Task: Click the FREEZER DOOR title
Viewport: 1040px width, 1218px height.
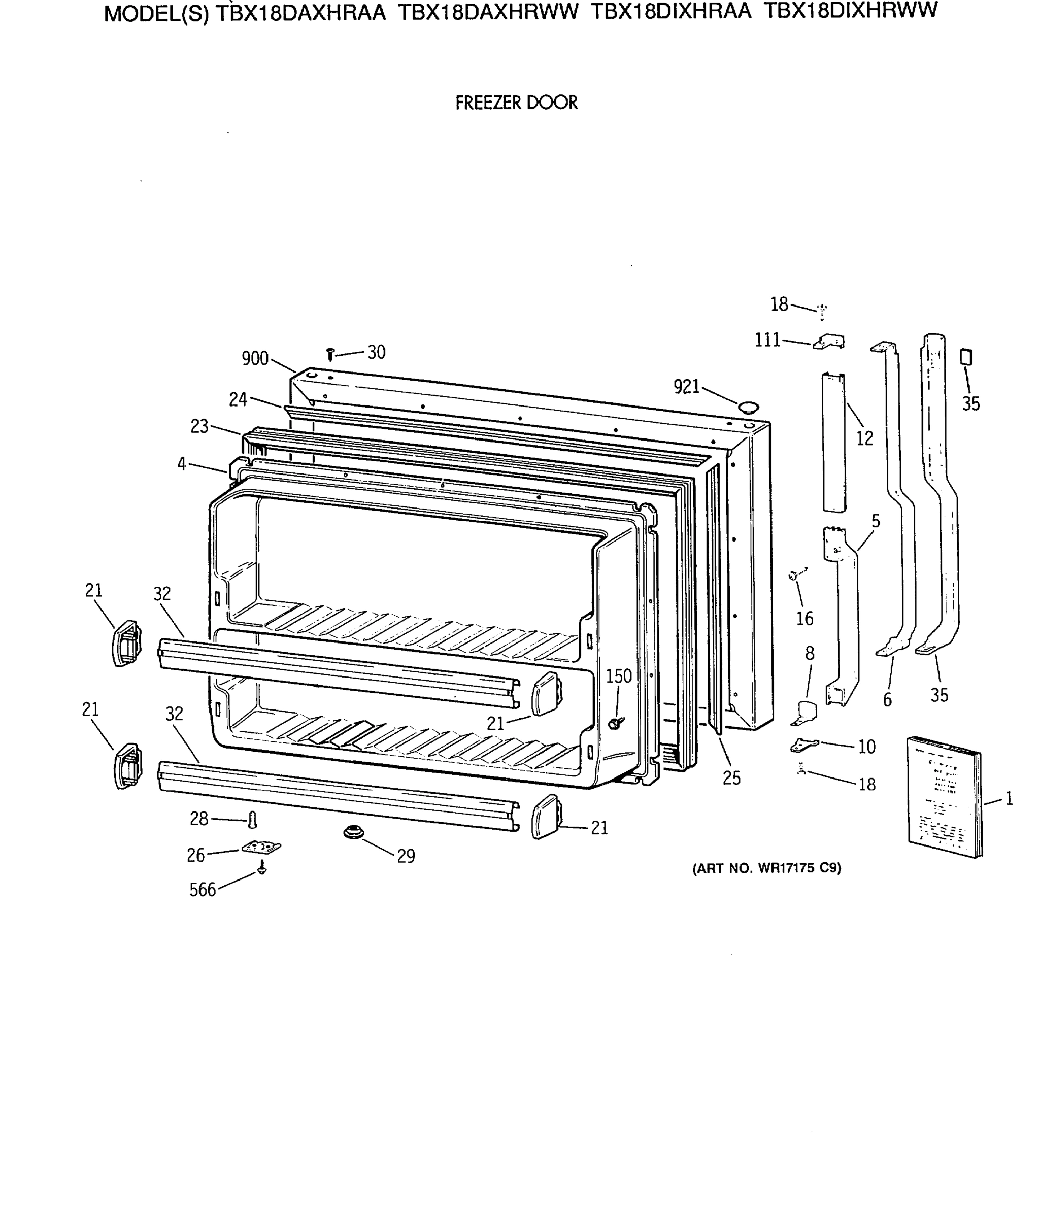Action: pyautogui.click(x=516, y=103)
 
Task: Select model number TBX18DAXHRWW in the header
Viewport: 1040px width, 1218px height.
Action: pyautogui.click(x=488, y=12)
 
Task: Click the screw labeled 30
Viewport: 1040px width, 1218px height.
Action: pyautogui.click(x=330, y=354)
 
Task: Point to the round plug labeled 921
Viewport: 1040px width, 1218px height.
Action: pyautogui.click(x=748, y=407)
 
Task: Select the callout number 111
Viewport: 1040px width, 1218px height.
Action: pyautogui.click(x=767, y=340)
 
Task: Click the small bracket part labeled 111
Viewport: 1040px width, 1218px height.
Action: pyautogui.click(x=829, y=342)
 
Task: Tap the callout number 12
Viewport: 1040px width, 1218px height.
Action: pyautogui.click(x=864, y=438)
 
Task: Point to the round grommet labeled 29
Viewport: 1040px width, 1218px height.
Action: pyautogui.click(x=353, y=832)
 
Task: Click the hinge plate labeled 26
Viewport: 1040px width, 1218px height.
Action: pyautogui.click(x=261, y=847)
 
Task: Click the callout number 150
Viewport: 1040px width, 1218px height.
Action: pyautogui.click(x=619, y=676)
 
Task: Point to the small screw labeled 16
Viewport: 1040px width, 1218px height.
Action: pyautogui.click(x=794, y=576)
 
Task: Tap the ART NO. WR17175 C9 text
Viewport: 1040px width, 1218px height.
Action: pyautogui.click(x=766, y=868)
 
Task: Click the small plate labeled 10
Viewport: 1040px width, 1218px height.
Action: pyautogui.click(x=803, y=745)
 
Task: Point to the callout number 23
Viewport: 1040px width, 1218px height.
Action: pyautogui.click(x=199, y=426)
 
